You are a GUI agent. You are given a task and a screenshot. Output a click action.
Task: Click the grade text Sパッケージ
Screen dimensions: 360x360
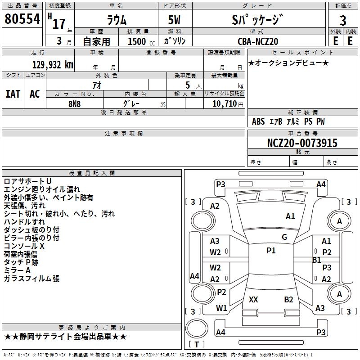click(x=257, y=19)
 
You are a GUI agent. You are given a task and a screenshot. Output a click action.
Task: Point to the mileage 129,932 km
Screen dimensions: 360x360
click(x=52, y=65)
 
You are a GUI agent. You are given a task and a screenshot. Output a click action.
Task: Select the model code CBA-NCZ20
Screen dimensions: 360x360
click(x=258, y=41)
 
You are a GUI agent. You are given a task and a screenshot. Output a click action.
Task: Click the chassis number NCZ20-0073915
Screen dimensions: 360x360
click(x=302, y=143)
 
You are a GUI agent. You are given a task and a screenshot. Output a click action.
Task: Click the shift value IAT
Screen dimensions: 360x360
click(x=13, y=94)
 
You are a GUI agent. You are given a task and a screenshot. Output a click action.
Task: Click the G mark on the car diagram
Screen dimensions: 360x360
click(x=284, y=237)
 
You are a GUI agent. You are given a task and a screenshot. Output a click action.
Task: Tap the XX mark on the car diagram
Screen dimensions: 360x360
click(x=253, y=299)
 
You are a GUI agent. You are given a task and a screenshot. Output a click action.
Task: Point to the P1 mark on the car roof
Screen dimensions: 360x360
click(x=271, y=251)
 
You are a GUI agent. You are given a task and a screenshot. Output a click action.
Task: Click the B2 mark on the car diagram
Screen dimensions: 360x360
click(x=288, y=299)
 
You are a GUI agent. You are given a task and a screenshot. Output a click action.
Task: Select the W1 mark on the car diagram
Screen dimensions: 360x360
click(x=221, y=308)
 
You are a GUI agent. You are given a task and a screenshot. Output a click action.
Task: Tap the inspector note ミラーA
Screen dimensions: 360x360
click(x=17, y=270)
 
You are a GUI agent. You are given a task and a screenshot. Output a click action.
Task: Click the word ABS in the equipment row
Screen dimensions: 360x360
click(x=258, y=121)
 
